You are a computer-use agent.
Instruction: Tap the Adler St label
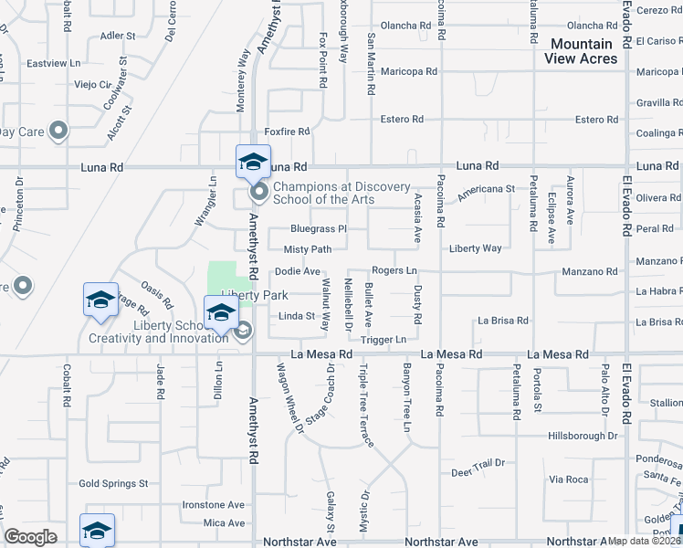coord(118,37)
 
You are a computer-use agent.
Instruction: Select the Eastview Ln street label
coord(55,64)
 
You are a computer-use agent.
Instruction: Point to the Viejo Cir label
coord(92,85)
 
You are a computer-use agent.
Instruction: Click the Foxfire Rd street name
coord(288,132)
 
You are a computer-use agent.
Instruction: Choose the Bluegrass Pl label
coord(319,229)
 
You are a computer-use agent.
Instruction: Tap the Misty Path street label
coord(308,249)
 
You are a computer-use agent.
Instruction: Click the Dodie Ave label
coord(298,271)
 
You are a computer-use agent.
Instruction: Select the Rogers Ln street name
coord(394,271)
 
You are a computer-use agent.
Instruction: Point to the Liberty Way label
coord(475,248)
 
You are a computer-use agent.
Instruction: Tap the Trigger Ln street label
coord(384,340)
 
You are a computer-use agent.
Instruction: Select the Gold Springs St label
coord(113,483)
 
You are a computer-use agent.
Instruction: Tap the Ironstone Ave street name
coord(214,504)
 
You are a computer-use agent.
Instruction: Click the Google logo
coord(30,537)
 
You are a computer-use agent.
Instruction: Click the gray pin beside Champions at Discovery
coord(258,192)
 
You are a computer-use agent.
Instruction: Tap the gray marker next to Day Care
coord(58,132)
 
